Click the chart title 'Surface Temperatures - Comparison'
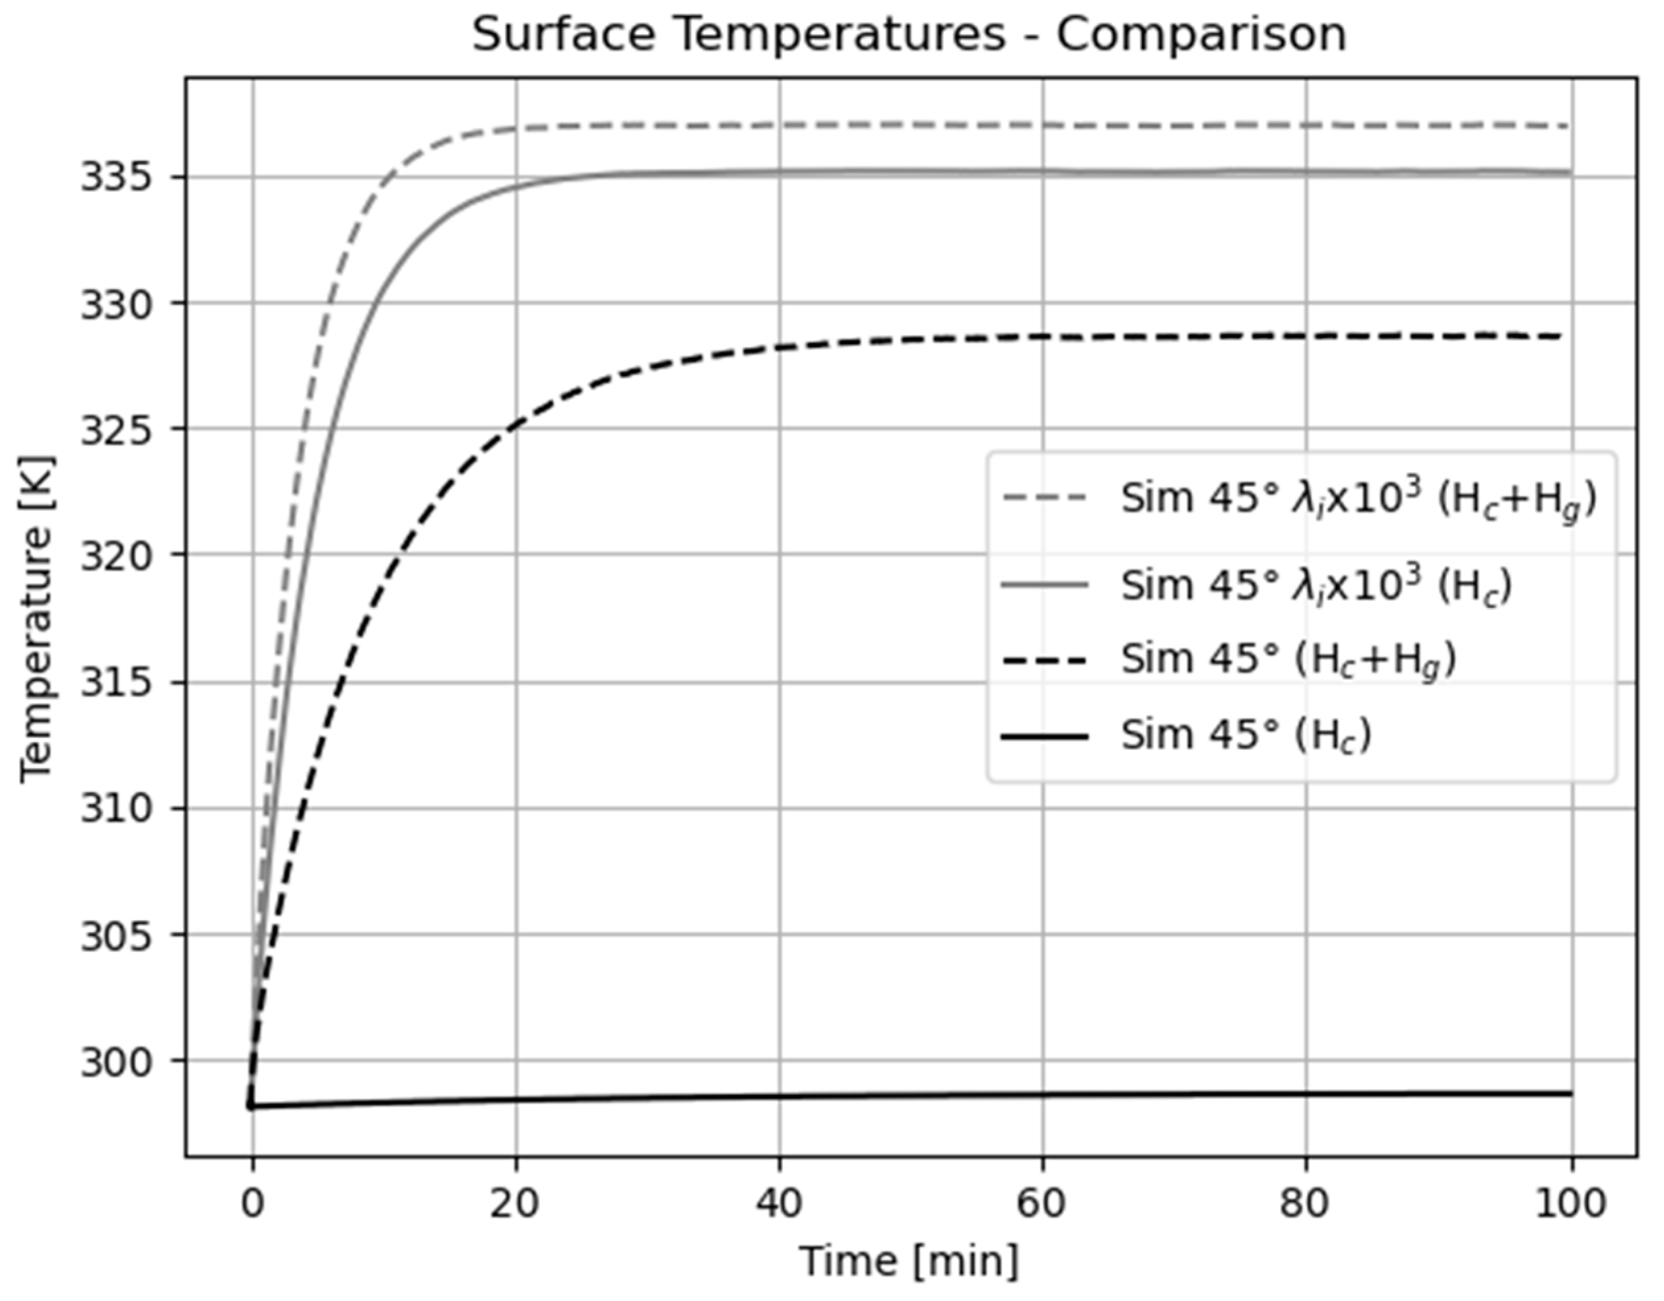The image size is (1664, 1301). pyautogui.click(x=908, y=35)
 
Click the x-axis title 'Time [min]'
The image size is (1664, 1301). pyautogui.click(x=908, y=1260)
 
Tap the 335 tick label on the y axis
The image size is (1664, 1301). pyautogui.click(x=124, y=178)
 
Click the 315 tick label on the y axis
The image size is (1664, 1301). pyautogui.click(x=124, y=683)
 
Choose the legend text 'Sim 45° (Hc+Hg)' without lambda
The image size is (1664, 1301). pyautogui.click(x=1288, y=659)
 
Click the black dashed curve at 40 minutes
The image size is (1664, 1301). pyautogui.click(x=780, y=348)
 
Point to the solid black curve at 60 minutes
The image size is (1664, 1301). pyautogui.click(x=1042, y=1095)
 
